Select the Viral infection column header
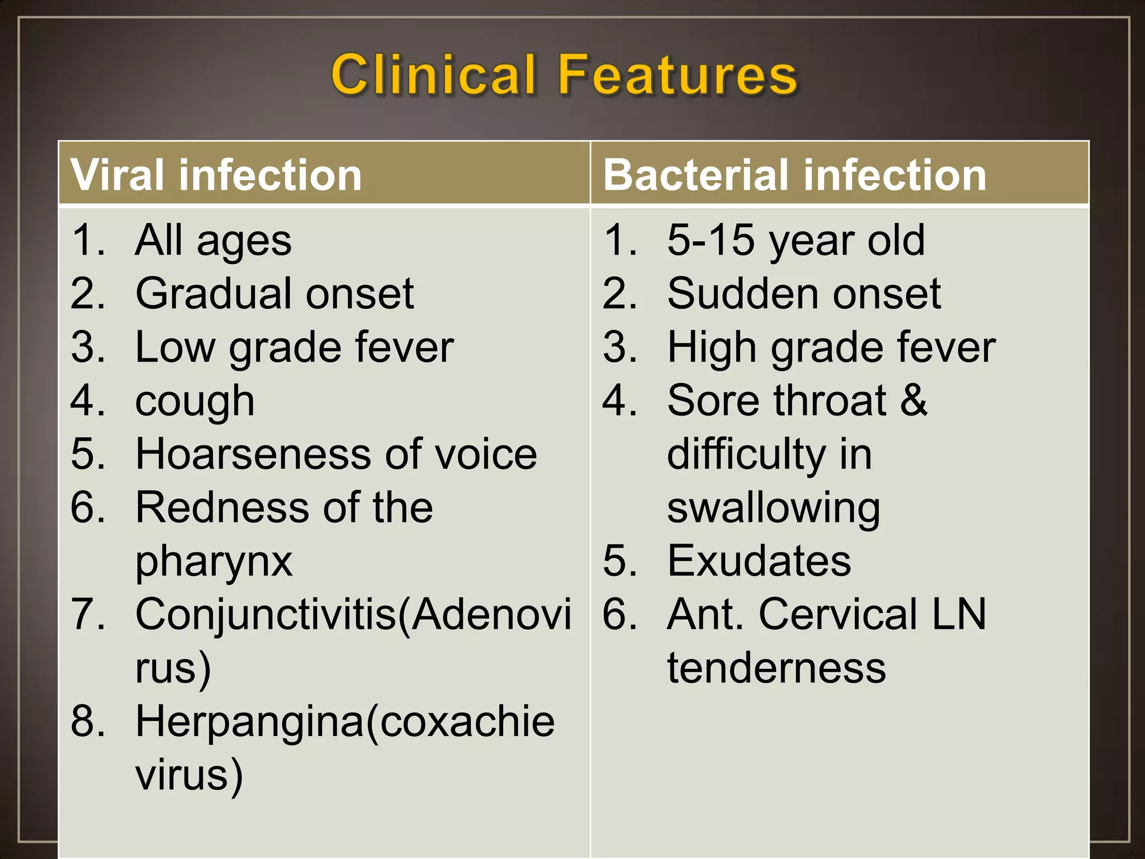pos(216,175)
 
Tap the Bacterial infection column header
pos(794,175)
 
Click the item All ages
pos(213,240)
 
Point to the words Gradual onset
pos(275,294)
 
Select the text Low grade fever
pos(294,347)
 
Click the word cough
pos(195,401)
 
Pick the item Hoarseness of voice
pos(336,454)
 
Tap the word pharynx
pos(214,561)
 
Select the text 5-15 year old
pos(796,240)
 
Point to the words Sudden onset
pos(804,294)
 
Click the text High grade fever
pos(831,347)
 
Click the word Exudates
pos(759,561)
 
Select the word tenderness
pos(777,668)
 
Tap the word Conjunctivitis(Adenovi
pos(353,615)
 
